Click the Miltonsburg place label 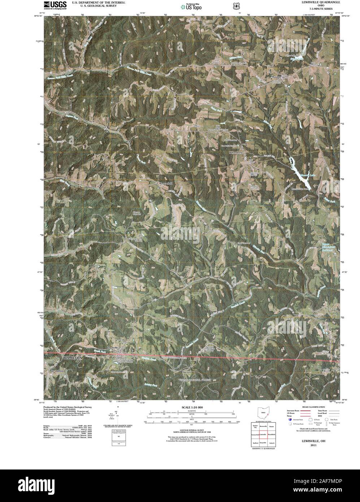click(235, 153)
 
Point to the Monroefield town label click(166, 183)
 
